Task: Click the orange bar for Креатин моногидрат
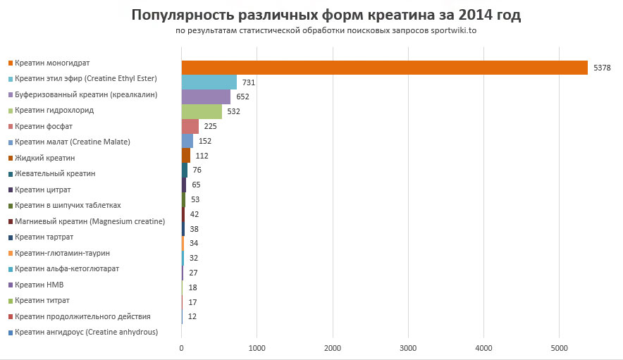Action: coord(384,68)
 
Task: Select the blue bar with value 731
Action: coord(209,82)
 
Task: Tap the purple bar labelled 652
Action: coord(206,97)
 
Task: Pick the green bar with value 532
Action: coord(202,111)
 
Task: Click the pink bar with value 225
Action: coord(190,126)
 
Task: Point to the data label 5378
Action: coord(602,68)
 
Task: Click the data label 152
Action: coord(205,141)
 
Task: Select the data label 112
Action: coord(202,156)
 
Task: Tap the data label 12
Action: coord(192,316)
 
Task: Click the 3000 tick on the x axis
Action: coord(408,349)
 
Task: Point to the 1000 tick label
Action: coord(257,349)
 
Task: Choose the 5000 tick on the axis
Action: coord(559,349)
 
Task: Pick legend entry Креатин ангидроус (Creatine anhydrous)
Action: coord(86,332)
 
